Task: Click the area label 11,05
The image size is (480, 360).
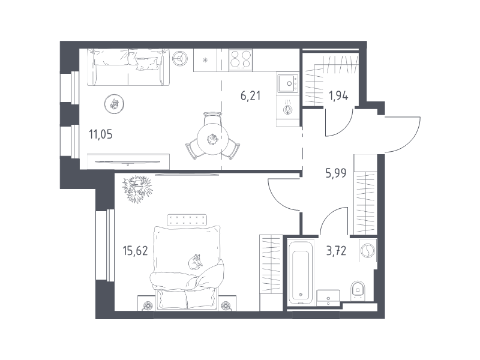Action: (x=101, y=133)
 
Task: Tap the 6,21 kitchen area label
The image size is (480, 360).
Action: (x=250, y=95)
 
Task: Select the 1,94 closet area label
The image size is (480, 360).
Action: (x=339, y=95)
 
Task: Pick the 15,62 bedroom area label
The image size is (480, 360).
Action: (x=134, y=251)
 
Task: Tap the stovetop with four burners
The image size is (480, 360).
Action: (x=240, y=59)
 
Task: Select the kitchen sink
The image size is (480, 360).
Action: (x=288, y=83)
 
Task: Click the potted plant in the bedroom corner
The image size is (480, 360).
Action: (x=137, y=188)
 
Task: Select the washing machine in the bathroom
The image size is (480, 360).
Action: (x=367, y=250)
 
